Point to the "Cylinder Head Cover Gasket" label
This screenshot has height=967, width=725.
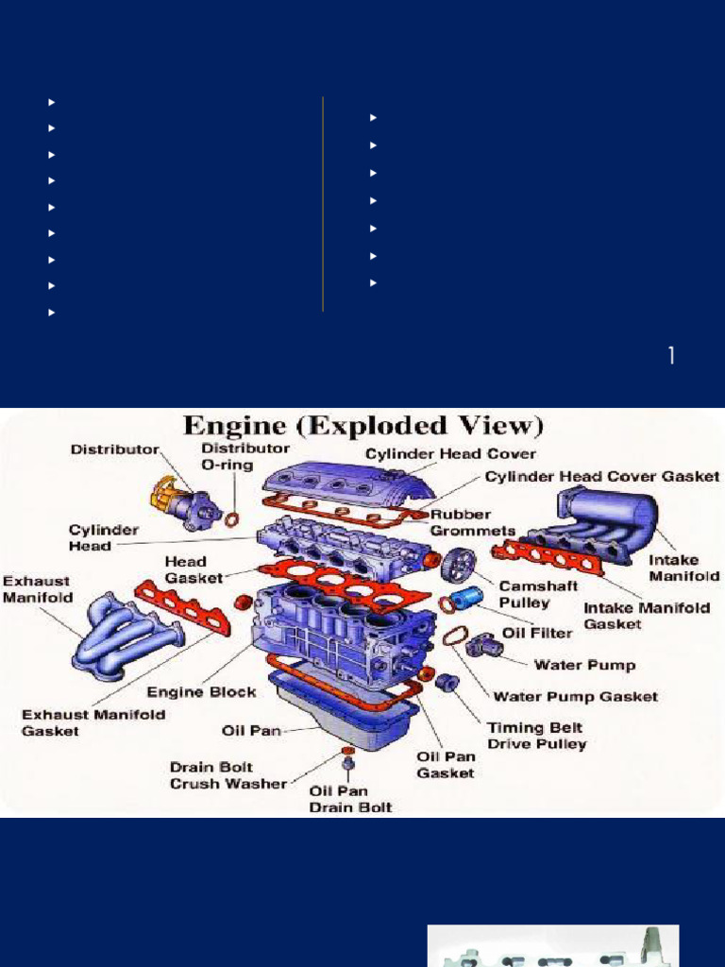click(x=602, y=477)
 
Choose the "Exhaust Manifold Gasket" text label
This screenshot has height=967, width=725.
click(x=93, y=722)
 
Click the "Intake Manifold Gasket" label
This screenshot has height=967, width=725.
click(x=647, y=615)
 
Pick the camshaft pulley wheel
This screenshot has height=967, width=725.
click(x=458, y=565)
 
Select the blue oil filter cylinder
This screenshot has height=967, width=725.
click(x=467, y=598)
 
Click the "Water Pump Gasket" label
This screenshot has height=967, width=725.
click(x=576, y=697)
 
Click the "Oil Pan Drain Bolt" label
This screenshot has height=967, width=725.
click(x=350, y=799)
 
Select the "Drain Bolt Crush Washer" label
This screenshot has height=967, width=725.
click(x=228, y=774)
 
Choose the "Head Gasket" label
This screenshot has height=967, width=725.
click(x=194, y=569)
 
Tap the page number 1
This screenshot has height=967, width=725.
click(x=671, y=356)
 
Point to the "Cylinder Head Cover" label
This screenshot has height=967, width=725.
click(x=451, y=454)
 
